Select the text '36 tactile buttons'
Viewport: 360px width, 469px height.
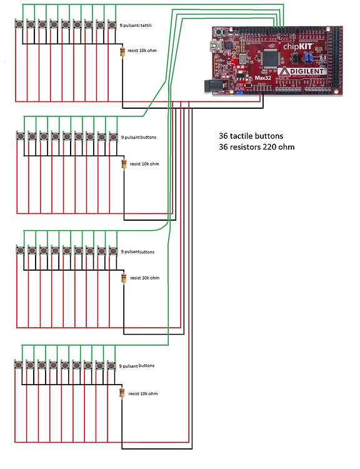tap(247, 136)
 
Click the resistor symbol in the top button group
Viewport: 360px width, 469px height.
tap(122, 51)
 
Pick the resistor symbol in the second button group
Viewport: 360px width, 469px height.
tap(124, 164)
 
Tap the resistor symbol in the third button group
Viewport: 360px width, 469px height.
tap(124, 278)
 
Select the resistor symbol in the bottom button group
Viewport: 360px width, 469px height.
tap(122, 393)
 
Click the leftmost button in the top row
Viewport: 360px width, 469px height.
tap(19, 24)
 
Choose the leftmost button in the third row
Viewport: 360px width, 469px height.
tap(20, 250)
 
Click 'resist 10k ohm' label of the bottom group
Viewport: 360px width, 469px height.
tap(143, 394)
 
